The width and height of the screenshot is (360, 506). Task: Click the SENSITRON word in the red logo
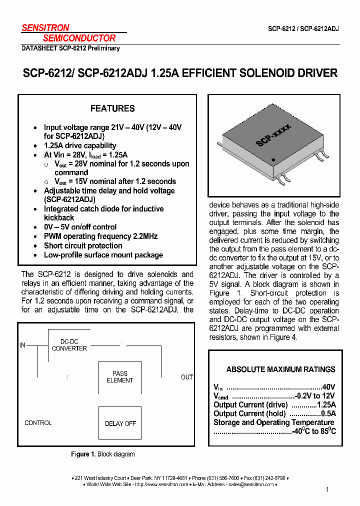point(45,28)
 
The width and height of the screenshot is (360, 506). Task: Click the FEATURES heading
point(112,108)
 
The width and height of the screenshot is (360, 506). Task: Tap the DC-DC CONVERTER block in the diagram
point(69,345)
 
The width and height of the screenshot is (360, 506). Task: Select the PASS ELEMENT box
point(120,377)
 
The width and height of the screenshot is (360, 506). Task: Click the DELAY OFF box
point(120,423)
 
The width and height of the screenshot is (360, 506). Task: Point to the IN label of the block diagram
point(22,345)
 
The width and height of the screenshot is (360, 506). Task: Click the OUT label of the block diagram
point(186,377)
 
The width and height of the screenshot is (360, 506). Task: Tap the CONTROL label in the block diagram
point(38,423)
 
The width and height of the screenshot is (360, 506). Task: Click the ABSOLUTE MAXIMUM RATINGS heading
point(280,369)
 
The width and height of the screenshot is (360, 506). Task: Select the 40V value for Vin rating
point(328,387)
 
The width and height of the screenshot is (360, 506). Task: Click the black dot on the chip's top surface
point(273,160)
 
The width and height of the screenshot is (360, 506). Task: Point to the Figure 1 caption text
point(103,454)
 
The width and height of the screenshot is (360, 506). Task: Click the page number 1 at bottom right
point(327,489)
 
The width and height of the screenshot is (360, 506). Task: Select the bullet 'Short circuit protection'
point(83,245)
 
